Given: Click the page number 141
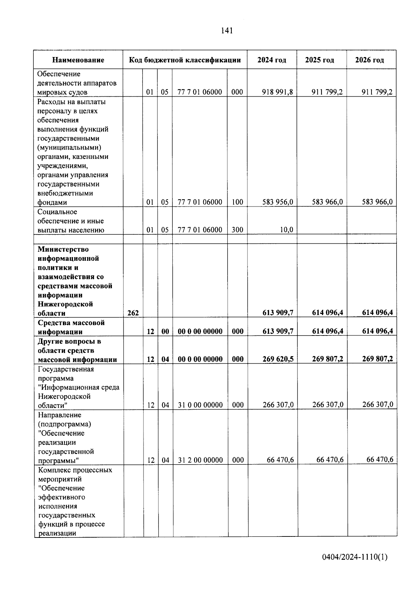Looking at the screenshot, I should pyautogui.click(x=227, y=31).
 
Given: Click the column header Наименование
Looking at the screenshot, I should pyautogui.click(x=78, y=60).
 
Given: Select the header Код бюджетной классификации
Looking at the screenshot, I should pyautogui.click(x=185, y=60).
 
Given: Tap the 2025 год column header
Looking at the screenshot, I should pyautogui.click(x=319, y=60).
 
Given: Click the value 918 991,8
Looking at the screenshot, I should pyautogui.click(x=278, y=92).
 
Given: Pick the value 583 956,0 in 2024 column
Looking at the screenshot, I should pyautogui.click(x=278, y=202).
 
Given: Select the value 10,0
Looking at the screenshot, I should pyautogui.click(x=286, y=230).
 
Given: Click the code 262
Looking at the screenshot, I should pyautogui.click(x=133, y=313).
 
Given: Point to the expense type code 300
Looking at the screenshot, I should pyautogui.click(x=237, y=230).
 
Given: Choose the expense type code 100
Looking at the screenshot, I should pyautogui.click(x=237, y=202).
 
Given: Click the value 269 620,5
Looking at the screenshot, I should pyautogui.click(x=278, y=359).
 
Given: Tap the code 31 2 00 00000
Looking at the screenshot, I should pyautogui.click(x=200, y=460).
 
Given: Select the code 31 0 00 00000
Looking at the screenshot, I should pyautogui.click(x=200, y=405).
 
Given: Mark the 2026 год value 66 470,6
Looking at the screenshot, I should pyautogui.click(x=380, y=460).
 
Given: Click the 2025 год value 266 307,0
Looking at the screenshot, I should pyautogui.click(x=328, y=405).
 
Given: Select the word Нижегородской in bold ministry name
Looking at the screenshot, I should pyautogui.click(x=65, y=304).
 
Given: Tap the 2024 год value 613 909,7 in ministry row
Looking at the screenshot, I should pyautogui.click(x=278, y=313).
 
